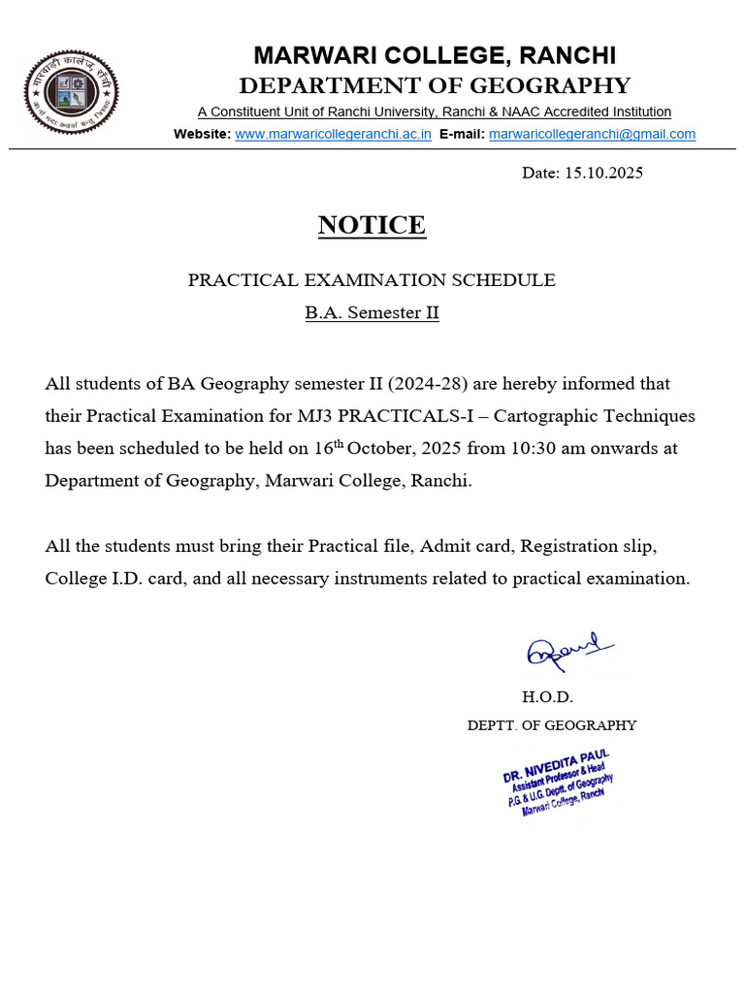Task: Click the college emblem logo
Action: (x=71, y=93)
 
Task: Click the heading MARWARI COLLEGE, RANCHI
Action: (x=435, y=55)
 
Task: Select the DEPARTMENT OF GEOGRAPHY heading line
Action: (x=435, y=85)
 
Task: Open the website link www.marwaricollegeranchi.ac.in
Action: (x=333, y=134)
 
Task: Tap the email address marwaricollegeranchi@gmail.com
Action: (x=592, y=134)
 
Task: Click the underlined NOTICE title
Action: (x=372, y=225)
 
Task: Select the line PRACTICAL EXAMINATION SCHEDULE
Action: (x=372, y=280)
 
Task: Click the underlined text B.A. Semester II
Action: (x=372, y=313)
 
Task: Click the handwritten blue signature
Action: (x=568, y=652)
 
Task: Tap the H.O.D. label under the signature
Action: (x=548, y=697)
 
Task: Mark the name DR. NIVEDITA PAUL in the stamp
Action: (x=556, y=765)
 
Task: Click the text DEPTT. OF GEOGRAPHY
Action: (x=552, y=725)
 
